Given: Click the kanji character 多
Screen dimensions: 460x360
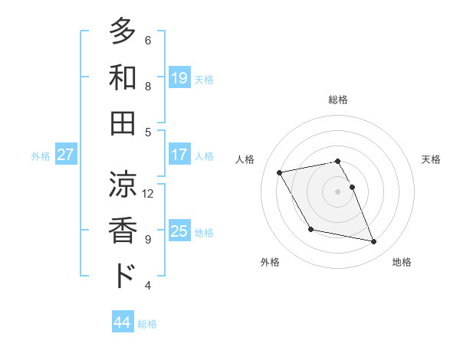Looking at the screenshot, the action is coord(123,31).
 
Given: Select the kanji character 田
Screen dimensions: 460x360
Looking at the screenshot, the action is coord(123,123).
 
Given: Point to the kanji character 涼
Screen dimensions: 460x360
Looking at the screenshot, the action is coord(123,185).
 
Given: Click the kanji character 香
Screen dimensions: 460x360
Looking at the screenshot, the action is coord(123,230).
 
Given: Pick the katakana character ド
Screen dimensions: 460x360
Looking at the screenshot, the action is coord(123,276).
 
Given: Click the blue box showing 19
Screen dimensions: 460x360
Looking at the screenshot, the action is coord(179,77).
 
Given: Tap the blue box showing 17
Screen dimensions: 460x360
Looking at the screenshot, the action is coord(179,155).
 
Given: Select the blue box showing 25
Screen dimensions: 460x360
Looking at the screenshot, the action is coord(179,231).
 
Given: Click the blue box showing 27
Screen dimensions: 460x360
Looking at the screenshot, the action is coord(66,155).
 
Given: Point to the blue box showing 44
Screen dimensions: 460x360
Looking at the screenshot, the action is coord(123,322).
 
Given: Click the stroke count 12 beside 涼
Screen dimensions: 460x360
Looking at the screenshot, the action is coord(148,193).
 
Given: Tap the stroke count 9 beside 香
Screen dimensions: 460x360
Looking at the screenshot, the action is coord(148,239).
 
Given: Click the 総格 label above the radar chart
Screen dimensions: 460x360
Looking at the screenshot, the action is coord(338,100).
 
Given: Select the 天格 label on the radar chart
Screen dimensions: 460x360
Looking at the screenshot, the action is coord(431,159).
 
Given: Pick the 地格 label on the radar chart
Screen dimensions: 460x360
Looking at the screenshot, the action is coord(402,263).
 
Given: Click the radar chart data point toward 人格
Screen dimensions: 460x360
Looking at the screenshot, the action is coord(280,172).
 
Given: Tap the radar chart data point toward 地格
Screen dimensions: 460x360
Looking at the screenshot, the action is coord(374,242).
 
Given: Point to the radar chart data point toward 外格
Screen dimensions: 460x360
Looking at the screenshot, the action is coord(310,229).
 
